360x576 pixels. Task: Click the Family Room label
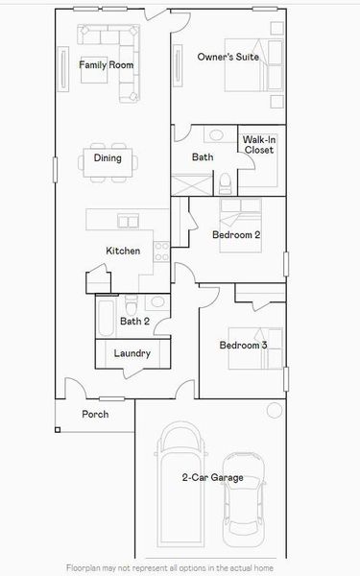106,65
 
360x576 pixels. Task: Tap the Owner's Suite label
228,58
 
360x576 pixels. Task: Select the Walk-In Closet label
258,145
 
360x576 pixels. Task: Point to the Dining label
108,158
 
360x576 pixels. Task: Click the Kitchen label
123,251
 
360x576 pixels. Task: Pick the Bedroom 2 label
237,234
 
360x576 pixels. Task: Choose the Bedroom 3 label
243,346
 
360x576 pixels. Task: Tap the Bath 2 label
134,322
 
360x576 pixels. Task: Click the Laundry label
132,353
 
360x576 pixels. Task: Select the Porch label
95,415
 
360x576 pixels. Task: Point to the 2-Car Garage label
212,477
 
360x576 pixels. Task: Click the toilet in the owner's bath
224,181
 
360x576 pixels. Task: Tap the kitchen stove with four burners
162,252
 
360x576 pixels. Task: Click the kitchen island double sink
128,222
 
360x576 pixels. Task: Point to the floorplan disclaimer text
180,567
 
